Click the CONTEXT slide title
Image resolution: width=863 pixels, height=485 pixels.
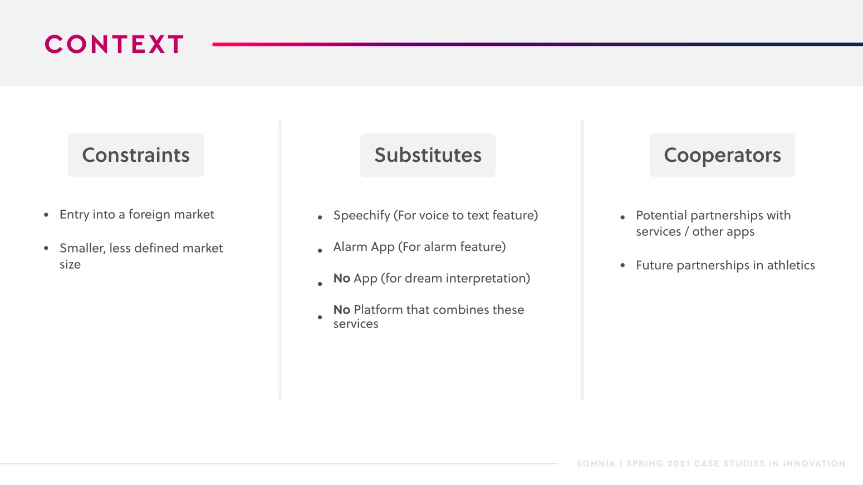point(114,44)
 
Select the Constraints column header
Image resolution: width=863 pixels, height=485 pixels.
point(136,155)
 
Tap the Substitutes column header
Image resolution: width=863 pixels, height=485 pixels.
point(428,155)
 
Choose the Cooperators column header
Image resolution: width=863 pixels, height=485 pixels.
point(722,155)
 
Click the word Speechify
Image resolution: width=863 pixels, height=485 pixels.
point(362,216)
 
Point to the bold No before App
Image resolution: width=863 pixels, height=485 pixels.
point(342,278)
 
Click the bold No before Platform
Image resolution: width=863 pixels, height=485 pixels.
point(342,309)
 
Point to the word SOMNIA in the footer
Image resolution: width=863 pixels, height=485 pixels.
point(596,463)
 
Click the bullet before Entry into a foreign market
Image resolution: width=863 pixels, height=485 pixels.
point(46,215)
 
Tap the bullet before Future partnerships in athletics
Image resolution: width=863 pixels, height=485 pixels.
point(622,265)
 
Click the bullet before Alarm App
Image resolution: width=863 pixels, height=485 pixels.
point(320,251)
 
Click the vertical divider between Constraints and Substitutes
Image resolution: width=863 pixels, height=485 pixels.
point(280,260)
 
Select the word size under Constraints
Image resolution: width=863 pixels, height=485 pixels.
point(70,264)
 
